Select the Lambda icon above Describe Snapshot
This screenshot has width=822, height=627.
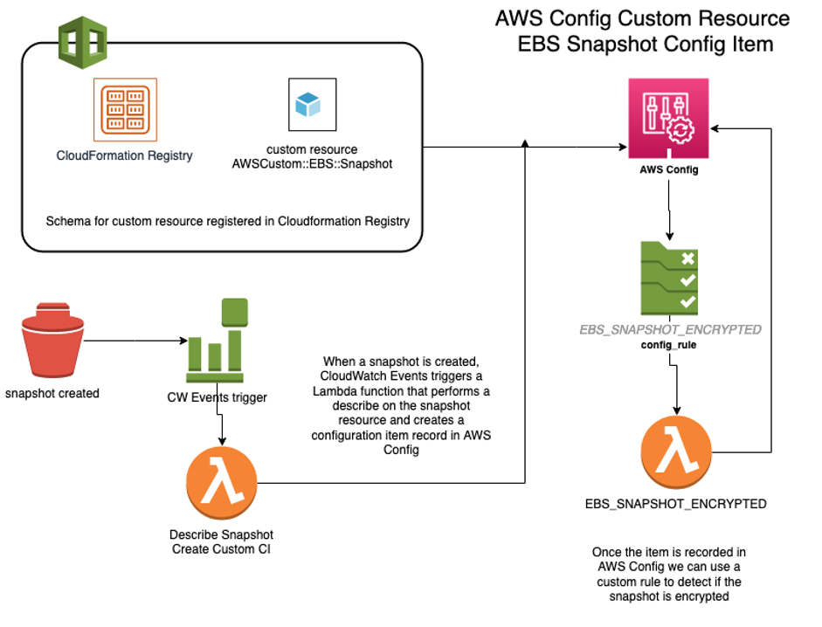click(222, 483)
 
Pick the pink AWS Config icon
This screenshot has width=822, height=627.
click(669, 119)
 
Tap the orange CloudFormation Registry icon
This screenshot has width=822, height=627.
click(125, 111)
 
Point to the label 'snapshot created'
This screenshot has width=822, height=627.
click(52, 393)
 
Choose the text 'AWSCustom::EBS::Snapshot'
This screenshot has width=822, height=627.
click(312, 163)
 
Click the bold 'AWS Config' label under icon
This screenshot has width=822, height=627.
click(669, 169)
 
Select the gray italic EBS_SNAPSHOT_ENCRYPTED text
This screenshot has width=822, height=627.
click(671, 330)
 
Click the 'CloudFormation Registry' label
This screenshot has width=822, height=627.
click(125, 155)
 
